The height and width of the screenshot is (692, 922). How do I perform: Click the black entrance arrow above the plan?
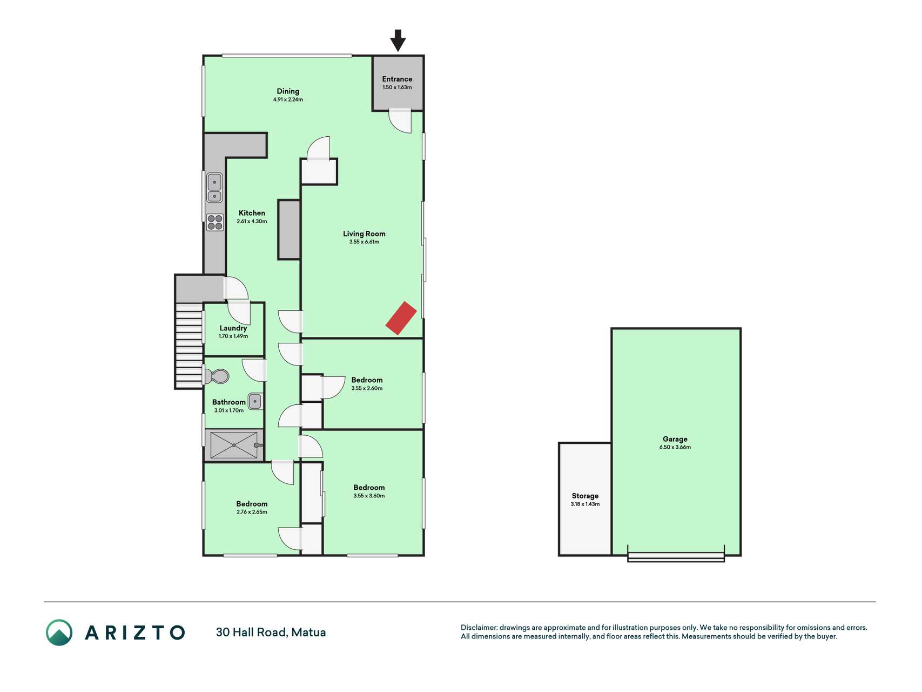coord(398,40)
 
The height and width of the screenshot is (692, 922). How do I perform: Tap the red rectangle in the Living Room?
coord(401,318)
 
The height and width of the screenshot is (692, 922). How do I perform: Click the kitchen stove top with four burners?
coord(215,222)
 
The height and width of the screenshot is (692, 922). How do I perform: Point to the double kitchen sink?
coord(214,188)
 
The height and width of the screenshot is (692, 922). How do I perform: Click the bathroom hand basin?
coord(255,401)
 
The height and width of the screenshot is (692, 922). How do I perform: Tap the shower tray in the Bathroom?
coord(234,445)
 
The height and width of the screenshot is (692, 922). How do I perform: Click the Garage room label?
coord(675,439)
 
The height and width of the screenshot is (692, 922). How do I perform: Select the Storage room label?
coord(585,496)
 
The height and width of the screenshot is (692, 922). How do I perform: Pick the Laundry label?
coord(233,328)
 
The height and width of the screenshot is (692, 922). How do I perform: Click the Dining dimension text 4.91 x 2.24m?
coord(288,100)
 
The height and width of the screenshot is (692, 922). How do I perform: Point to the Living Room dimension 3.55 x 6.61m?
coord(364,242)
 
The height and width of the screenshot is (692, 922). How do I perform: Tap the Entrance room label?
coord(397,79)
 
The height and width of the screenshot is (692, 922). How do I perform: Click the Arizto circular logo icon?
coord(59,633)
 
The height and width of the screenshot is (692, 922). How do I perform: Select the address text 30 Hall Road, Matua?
coord(271,633)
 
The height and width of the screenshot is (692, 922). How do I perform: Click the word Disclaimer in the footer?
coord(479,628)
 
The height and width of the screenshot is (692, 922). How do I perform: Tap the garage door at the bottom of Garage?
coord(676,557)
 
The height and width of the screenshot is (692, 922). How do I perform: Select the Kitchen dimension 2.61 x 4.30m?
coord(252,221)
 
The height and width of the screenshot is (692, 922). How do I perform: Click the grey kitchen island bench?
coord(289,230)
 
